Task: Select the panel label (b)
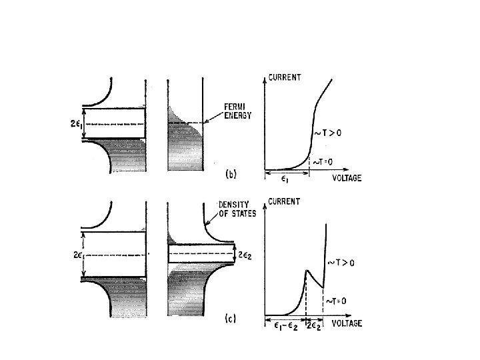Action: [230, 175]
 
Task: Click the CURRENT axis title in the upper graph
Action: [285, 77]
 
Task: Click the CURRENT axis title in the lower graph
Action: [285, 201]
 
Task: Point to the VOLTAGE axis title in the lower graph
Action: [345, 324]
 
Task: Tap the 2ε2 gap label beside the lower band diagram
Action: [248, 254]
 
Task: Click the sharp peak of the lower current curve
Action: [305, 269]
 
